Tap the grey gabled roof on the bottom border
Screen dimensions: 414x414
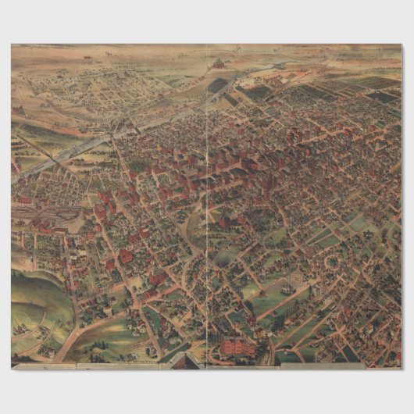point(184,361)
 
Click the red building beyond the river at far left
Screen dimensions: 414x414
point(27,200)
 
